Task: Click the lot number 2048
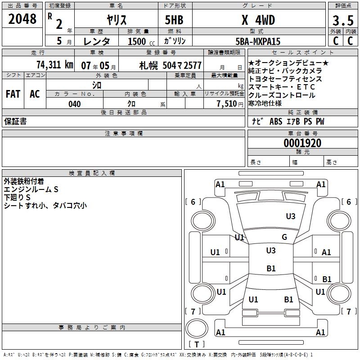[x=22, y=19]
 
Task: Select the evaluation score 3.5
[x=342, y=20]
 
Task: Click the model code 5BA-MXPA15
[x=258, y=41]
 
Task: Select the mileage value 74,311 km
[x=54, y=65]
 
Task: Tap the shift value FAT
[x=13, y=94]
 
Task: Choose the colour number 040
[x=74, y=104]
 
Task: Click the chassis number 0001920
[x=302, y=143]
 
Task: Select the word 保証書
[x=15, y=121]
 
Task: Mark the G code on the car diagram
[x=284, y=237]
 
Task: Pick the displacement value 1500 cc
[x=140, y=41]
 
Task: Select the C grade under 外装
[x=335, y=41]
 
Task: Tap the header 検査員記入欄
[x=92, y=173]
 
